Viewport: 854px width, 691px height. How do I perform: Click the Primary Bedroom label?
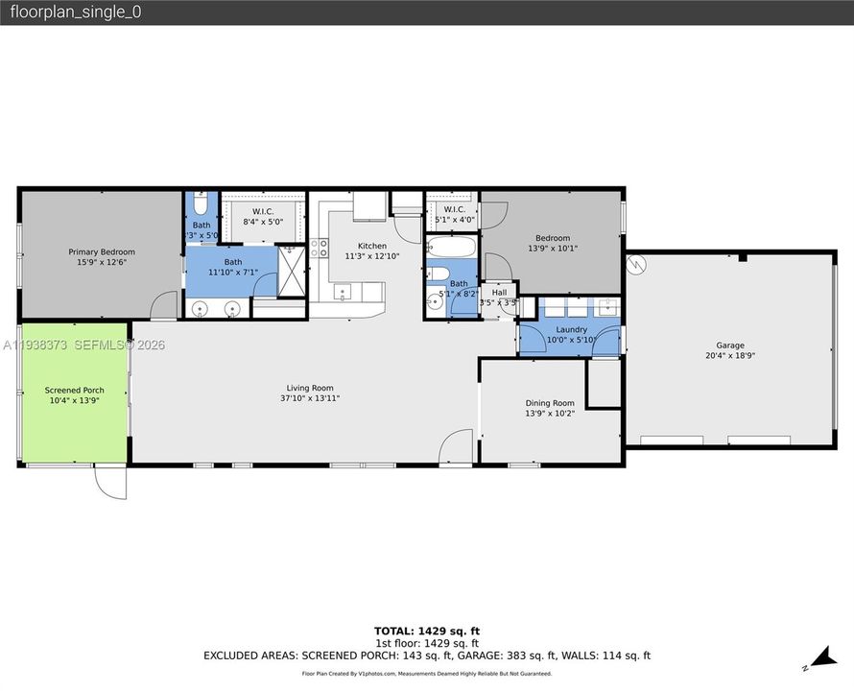pyautogui.click(x=101, y=251)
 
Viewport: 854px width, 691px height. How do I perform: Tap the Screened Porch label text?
pyautogui.click(x=74, y=391)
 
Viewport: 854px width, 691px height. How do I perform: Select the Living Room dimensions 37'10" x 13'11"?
pyautogui.click(x=310, y=398)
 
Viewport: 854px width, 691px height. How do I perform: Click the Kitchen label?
pyautogui.click(x=372, y=246)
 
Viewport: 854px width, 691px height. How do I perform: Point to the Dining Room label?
pyautogui.click(x=550, y=403)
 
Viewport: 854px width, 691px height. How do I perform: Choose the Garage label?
pyautogui.click(x=729, y=345)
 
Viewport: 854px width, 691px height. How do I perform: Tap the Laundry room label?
pyautogui.click(x=571, y=329)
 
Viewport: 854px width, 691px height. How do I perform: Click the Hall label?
pyautogui.click(x=499, y=292)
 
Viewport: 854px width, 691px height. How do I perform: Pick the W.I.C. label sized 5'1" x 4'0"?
pyautogui.click(x=454, y=209)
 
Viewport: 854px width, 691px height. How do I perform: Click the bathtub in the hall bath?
pyautogui.click(x=449, y=248)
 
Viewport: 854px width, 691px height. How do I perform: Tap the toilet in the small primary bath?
pyautogui.click(x=201, y=204)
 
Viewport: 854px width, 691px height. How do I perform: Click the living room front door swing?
pyautogui.click(x=457, y=447)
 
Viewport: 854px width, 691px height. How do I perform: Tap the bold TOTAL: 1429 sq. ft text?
pyautogui.click(x=426, y=631)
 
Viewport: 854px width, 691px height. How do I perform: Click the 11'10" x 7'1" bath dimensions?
pyautogui.click(x=233, y=273)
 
